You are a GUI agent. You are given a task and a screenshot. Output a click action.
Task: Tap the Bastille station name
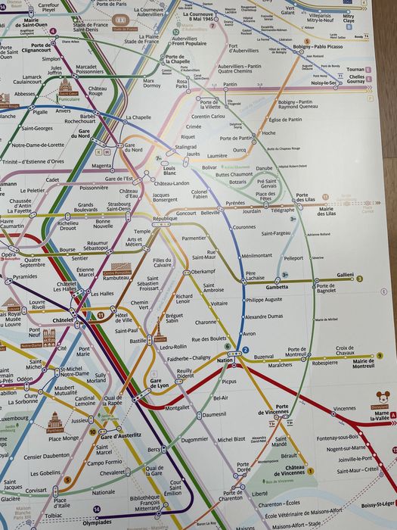tap(137, 341)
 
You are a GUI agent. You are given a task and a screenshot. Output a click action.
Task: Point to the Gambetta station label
tap(277, 288)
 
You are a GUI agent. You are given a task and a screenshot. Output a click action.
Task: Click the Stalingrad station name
tap(186, 147)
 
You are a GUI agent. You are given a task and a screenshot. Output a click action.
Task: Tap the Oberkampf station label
tap(203, 271)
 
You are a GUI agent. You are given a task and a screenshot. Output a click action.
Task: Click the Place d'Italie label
tap(60, 502)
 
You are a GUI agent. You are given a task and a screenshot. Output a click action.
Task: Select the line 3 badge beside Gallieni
tap(360, 279)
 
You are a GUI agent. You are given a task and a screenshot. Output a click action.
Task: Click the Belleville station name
tap(210, 214)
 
